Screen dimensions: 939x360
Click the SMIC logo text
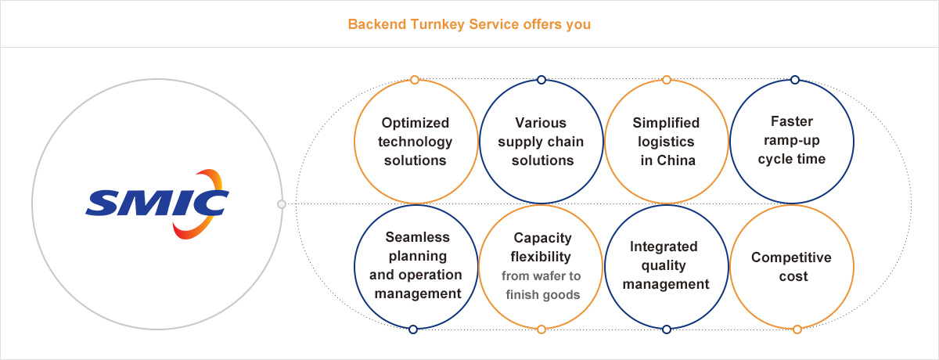click(157, 203)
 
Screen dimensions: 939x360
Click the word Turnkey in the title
click(437, 25)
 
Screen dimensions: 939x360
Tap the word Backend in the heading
click(377, 24)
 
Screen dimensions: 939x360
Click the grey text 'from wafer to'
click(541, 275)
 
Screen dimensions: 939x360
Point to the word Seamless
click(418, 237)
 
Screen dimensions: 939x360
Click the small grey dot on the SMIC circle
click(282, 204)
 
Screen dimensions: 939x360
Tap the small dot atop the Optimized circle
click(415, 80)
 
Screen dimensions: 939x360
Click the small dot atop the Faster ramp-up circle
click(795, 80)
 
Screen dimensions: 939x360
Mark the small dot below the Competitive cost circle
click(797, 329)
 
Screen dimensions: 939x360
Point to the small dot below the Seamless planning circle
click(413, 329)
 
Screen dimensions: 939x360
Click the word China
click(676, 160)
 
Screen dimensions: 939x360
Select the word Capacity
click(542, 238)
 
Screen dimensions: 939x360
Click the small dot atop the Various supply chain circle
click(541, 80)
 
